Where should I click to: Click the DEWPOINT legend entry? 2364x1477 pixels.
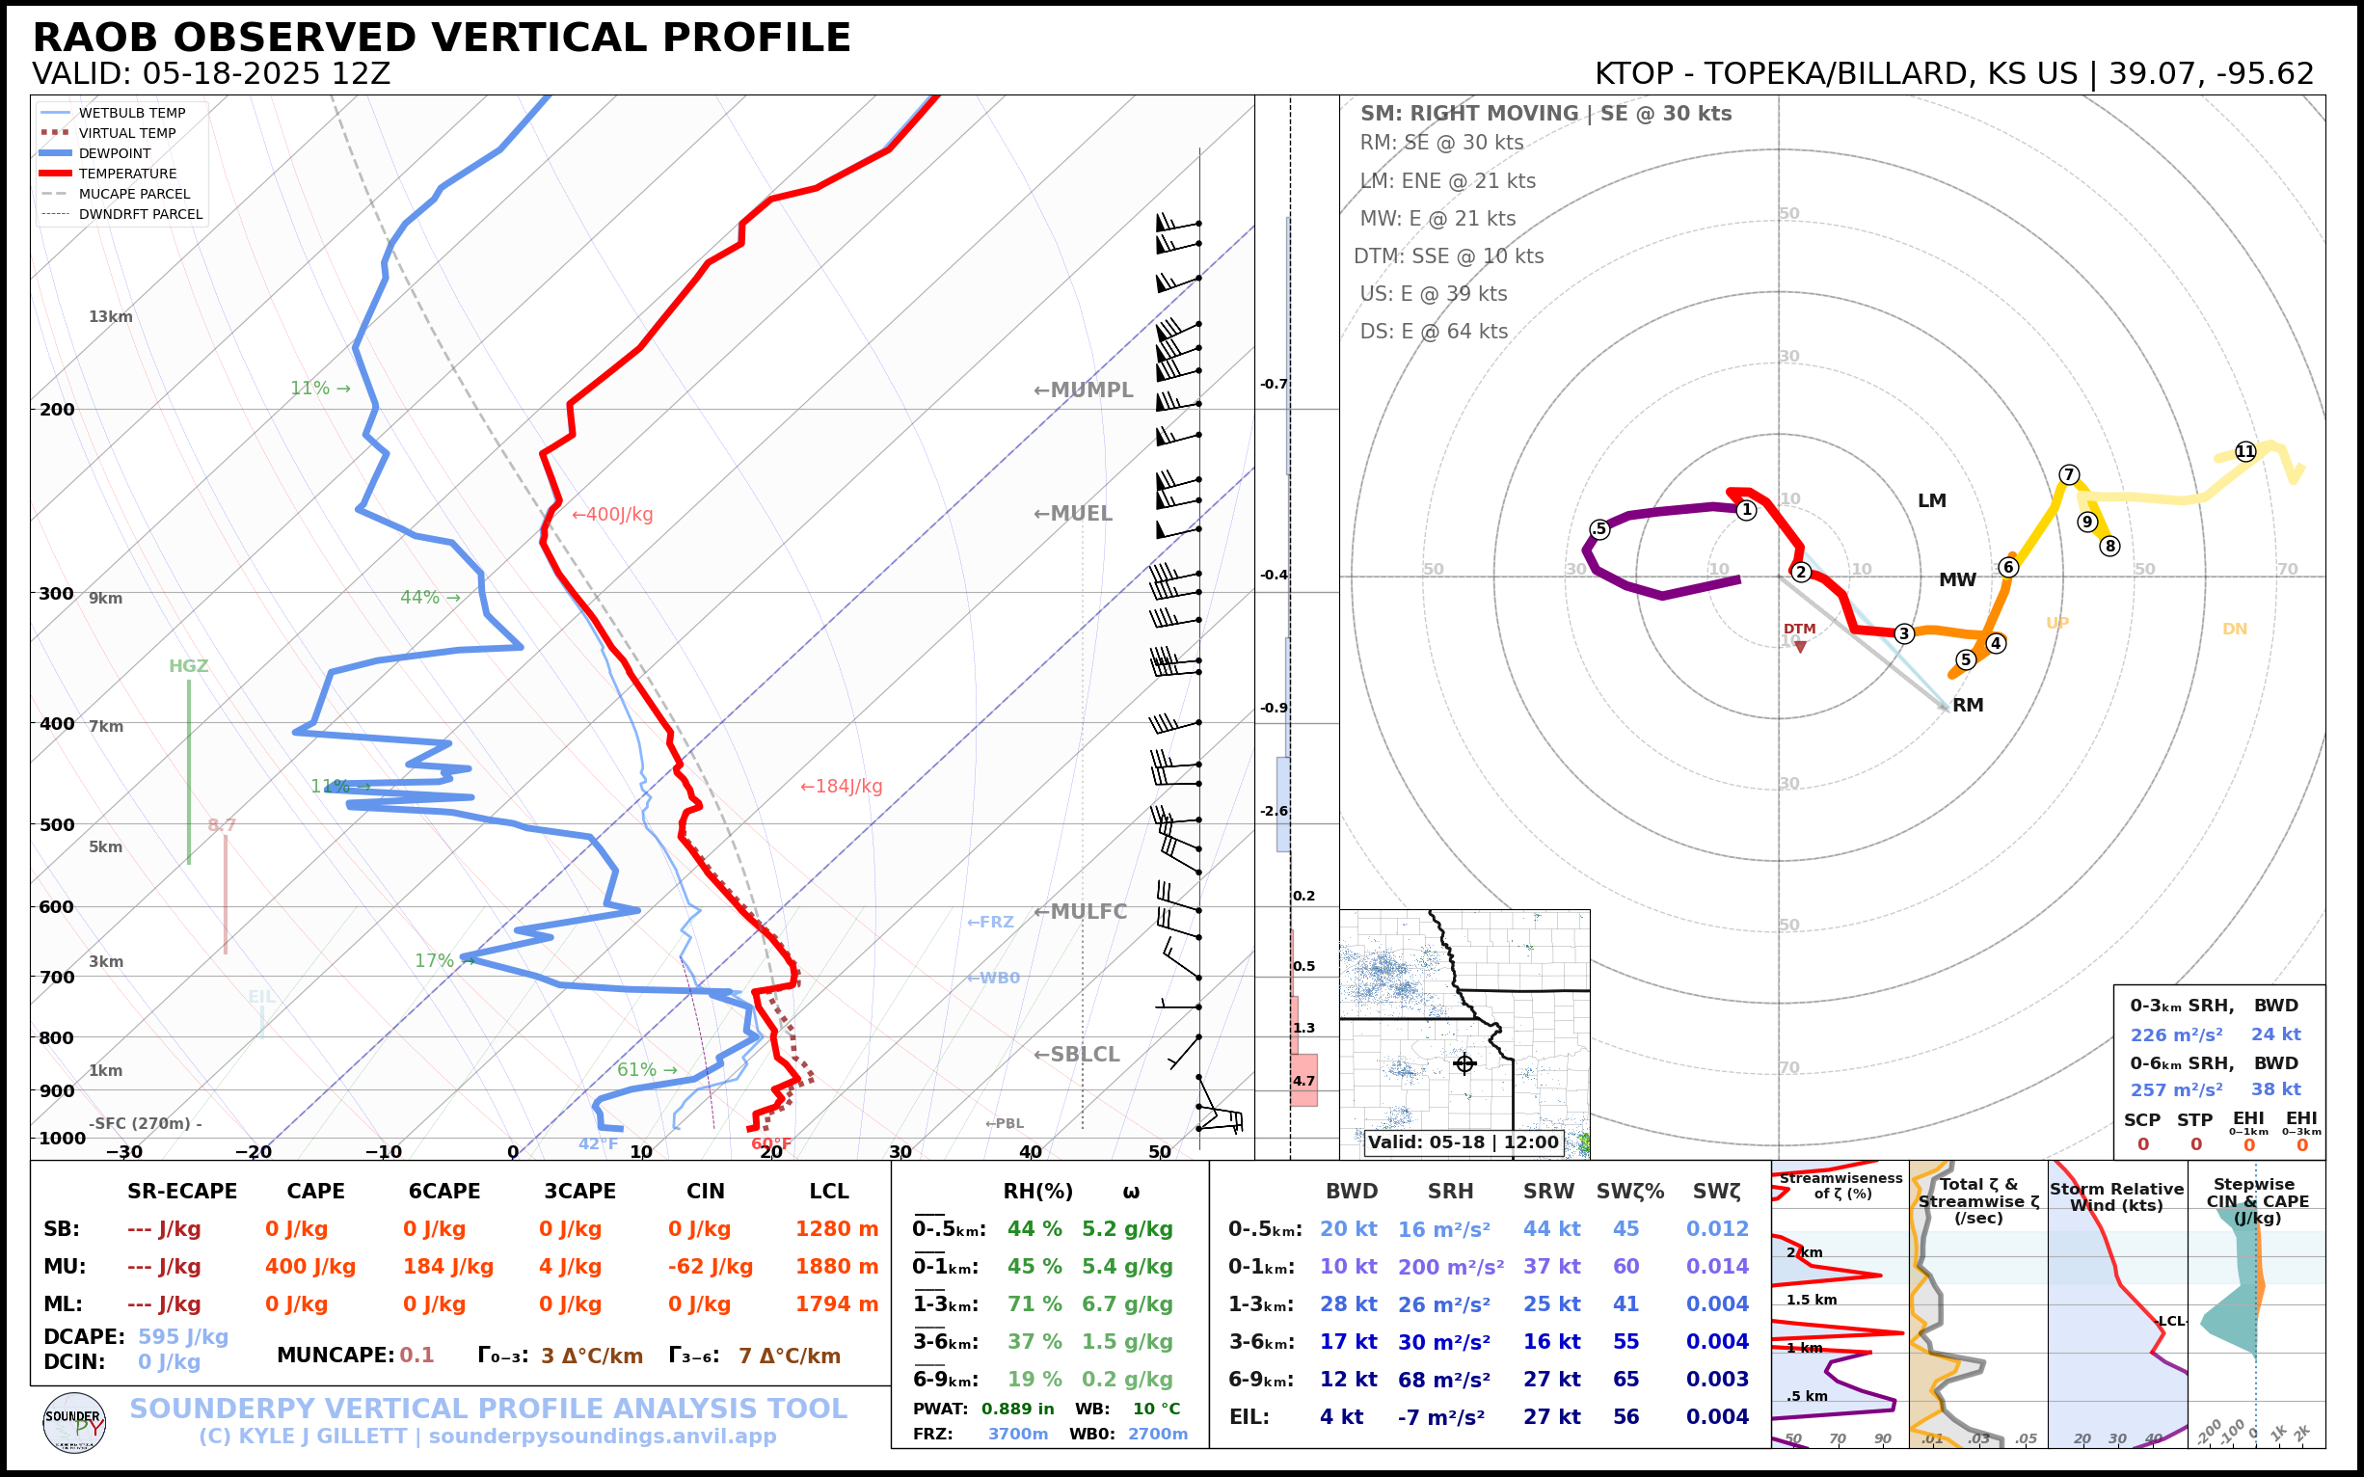point(115,153)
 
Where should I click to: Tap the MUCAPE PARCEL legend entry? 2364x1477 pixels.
point(134,194)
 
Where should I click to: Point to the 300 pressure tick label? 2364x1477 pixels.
point(57,594)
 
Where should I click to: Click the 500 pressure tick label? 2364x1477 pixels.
point(57,824)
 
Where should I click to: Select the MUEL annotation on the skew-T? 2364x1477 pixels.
point(1074,514)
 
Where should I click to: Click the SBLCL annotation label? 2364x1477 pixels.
point(1078,1055)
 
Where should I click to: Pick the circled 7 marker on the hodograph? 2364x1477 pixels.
point(2069,474)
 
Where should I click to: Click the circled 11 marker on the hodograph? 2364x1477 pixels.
point(2245,451)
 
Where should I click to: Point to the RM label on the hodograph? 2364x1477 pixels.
point(1969,706)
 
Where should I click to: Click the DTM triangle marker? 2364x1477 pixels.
point(1800,647)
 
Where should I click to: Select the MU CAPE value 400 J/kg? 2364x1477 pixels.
point(310,1267)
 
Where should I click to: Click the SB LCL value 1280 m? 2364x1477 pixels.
point(837,1229)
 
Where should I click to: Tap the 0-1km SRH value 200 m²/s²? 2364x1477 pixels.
point(1451,1267)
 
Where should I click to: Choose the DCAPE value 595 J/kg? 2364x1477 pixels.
point(182,1337)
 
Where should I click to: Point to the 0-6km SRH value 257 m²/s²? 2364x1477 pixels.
point(2176,1090)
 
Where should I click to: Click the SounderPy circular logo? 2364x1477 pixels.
point(74,1423)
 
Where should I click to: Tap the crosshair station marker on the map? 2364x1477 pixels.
point(1464,1063)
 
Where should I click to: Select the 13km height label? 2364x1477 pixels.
point(110,316)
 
